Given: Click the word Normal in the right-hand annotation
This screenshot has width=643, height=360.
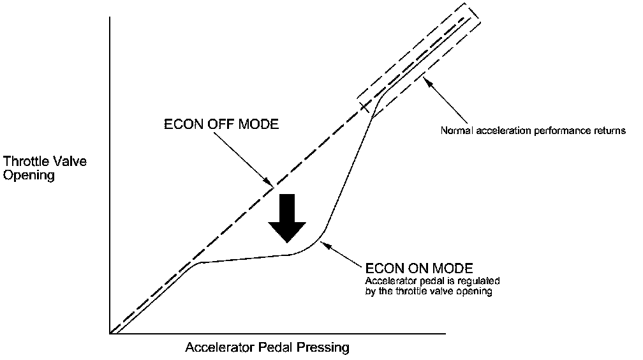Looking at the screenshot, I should pos(455,131).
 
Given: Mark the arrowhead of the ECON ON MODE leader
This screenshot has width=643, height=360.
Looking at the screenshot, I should pos(321,241).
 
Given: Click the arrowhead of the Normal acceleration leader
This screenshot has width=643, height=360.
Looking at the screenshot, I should pos(426,80).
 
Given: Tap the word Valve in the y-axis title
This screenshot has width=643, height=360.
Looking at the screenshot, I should pos(68,161).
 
